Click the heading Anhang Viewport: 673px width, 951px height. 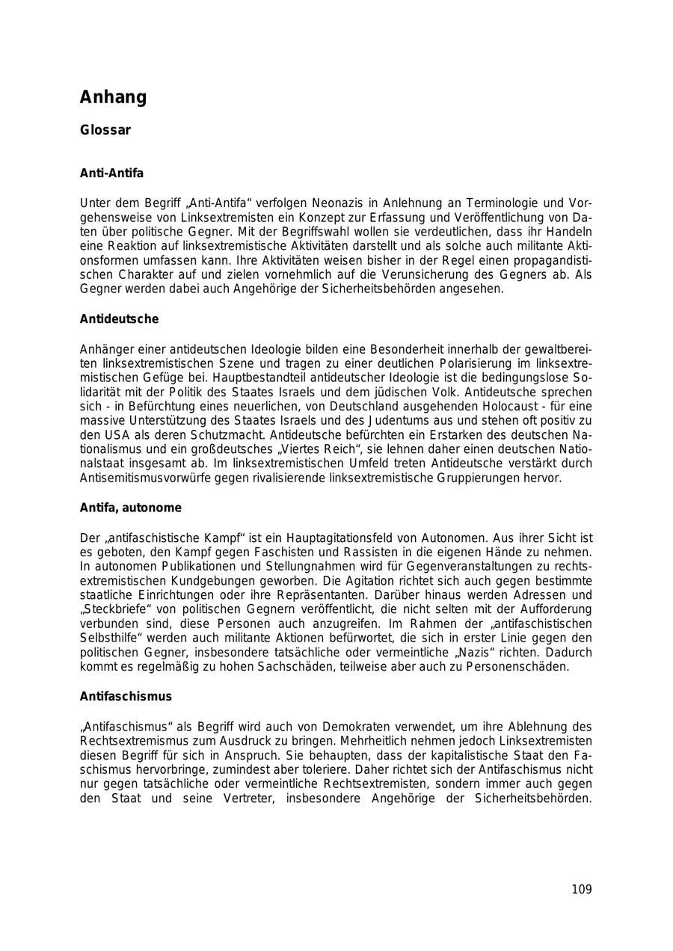click(x=114, y=97)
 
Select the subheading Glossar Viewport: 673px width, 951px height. click(x=105, y=131)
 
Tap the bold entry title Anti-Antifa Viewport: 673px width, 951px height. click(x=111, y=173)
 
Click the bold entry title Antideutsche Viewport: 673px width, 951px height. click(x=119, y=319)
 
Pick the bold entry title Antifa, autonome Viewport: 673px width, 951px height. click(x=131, y=508)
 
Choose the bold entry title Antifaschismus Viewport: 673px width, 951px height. click(x=126, y=697)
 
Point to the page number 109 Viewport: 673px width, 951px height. click(x=581, y=890)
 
